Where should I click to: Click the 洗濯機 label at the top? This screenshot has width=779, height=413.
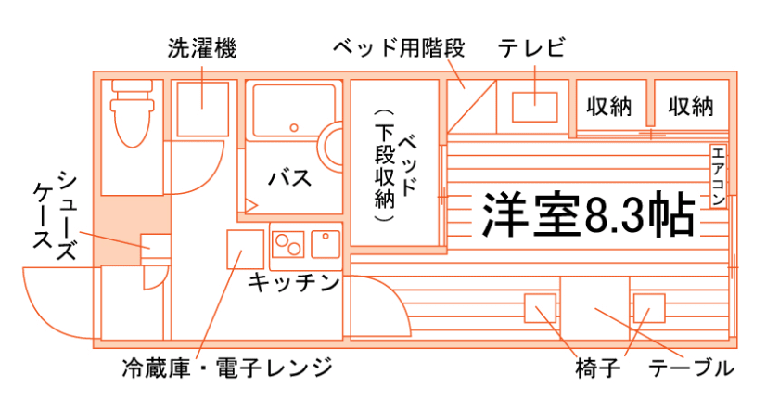point(202,48)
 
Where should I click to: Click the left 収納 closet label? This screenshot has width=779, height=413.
point(609,107)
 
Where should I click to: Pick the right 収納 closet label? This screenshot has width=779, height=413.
point(691,107)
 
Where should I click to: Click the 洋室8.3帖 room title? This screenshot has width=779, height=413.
point(588,214)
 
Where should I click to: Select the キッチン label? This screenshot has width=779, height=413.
point(294,283)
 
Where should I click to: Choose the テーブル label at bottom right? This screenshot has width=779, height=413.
point(691,368)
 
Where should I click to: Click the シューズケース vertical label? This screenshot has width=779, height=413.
point(54,211)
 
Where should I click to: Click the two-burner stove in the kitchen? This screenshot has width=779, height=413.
point(287,245)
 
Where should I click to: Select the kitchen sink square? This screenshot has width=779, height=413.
point(326,243)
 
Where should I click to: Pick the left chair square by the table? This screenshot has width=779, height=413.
point(539,308)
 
